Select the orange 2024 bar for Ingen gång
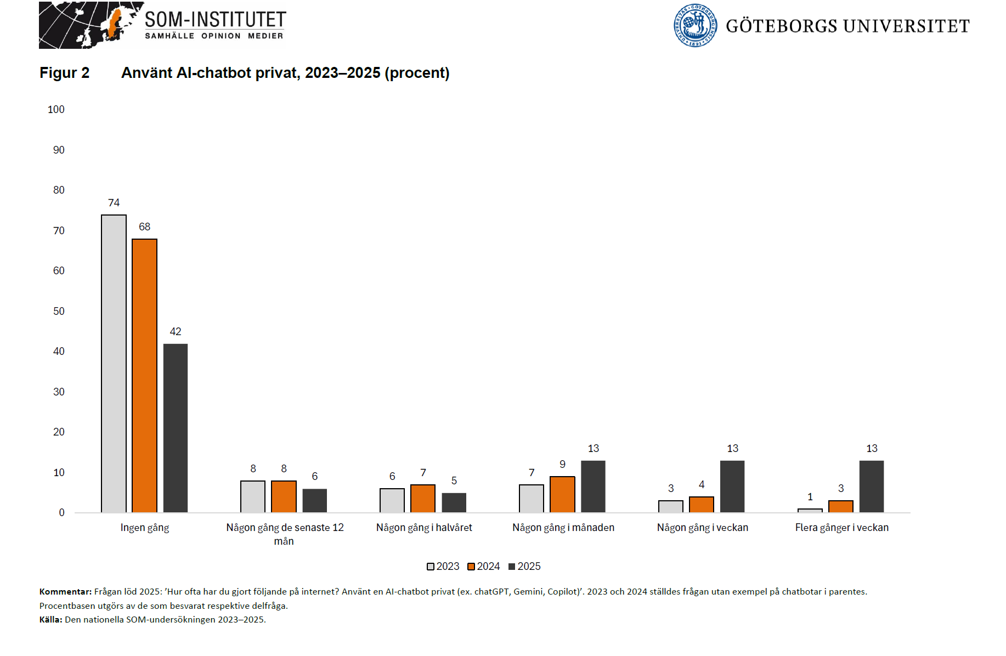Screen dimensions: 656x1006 (x=144, y=376)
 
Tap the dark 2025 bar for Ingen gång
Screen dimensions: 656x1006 (x=176, y=428)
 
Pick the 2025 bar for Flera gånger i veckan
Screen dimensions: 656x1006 (x=871, y=487)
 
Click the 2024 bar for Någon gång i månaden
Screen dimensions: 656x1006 (x=562, y=495)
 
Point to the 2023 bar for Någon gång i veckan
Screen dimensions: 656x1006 (x=670, y=507)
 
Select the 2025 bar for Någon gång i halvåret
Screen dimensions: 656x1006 (x=454, y=503)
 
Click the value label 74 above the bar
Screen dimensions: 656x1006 (x=114, y=203)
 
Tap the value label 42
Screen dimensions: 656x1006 (x=176, y=332)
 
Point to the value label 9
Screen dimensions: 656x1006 (x=562, y=465)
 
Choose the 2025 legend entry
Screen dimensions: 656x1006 (x=524, y=567)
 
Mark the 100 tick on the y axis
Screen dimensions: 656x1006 (x=56, y=110)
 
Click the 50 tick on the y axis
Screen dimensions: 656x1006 (x=59, y=312)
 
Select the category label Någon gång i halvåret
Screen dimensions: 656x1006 (x=424, y=528)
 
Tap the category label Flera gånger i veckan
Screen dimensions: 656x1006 (x=841, y=528)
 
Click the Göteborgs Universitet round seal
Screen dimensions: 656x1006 (x=695, y=26)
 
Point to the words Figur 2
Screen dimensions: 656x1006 (x=64, y=73)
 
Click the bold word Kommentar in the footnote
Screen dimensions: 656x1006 (x=65, y=592)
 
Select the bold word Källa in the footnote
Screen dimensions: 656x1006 (x=50, y=620)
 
